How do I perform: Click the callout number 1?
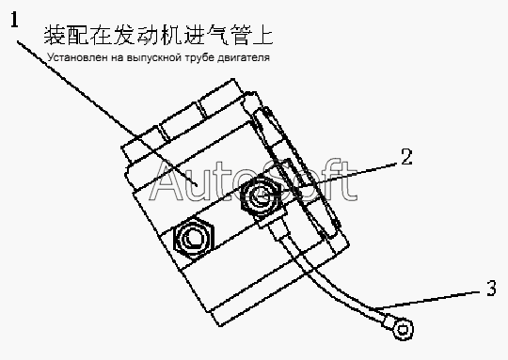point(15,19)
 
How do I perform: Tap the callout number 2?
point(406,157)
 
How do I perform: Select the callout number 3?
point(491,288)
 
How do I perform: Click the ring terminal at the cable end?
point(403,330)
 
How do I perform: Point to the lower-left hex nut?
point(194,238)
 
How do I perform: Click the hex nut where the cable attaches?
point(262,195)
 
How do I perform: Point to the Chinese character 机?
point(170,35)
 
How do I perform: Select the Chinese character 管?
point(240,35)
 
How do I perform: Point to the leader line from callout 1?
point(107,113)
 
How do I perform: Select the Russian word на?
point(117,58)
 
